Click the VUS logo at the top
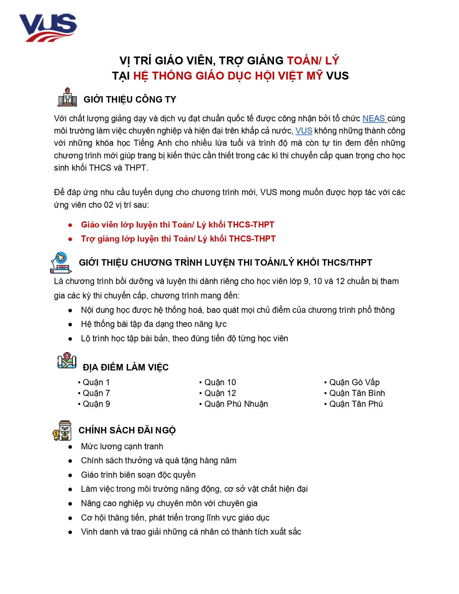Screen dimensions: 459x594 (x=48, y=27)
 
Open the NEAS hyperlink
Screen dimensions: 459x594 (x=374, y=118)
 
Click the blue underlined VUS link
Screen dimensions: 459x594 (x=303, y=131)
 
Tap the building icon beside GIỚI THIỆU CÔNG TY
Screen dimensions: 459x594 (x=67, y=97)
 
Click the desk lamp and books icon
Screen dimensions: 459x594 (x=60, y=262)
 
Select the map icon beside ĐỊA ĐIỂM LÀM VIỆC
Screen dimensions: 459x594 (x=67, y=361)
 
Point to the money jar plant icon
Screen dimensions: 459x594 (x=62, y=431)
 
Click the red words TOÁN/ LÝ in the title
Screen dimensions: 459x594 (x=313, y=60)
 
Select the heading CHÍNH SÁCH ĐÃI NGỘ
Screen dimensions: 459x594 (x=127, y=431)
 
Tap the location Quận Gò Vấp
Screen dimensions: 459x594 (x=354, y=382)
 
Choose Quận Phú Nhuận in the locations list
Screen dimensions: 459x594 (x=236, y=404)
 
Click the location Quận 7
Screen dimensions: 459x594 (x=96, y=393)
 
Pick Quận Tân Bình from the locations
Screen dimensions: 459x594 (x=357, y=393)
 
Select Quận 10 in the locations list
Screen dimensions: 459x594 (x=220, y=382)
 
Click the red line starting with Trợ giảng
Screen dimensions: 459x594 (x=178, y=239)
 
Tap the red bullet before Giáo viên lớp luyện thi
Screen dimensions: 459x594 (x=70, y=225)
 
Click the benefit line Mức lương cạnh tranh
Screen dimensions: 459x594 (x=122, y=446)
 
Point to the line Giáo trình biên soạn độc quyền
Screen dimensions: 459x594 (x=138, y=475)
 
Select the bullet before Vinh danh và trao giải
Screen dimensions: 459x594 (x=70, y=532)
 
